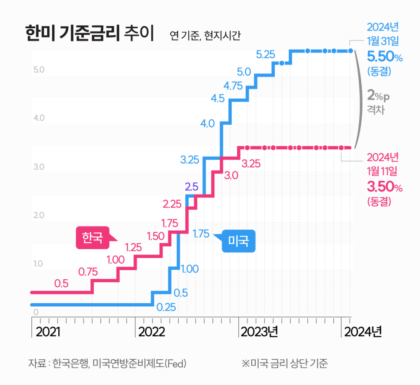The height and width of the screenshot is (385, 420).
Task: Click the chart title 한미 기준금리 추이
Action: pos(89,34)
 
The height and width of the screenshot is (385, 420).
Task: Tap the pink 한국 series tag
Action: pos(92,238)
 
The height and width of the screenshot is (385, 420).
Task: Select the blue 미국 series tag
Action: pos(238,241)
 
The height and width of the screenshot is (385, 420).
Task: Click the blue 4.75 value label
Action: pos(233,85)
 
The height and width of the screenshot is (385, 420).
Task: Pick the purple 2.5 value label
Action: pos(191,187)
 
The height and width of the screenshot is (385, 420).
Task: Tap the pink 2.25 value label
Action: pos(172,203)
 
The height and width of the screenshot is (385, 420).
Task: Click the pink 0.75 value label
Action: pos(89,272)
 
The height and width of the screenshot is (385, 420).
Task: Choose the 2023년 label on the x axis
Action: pos(260,332)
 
